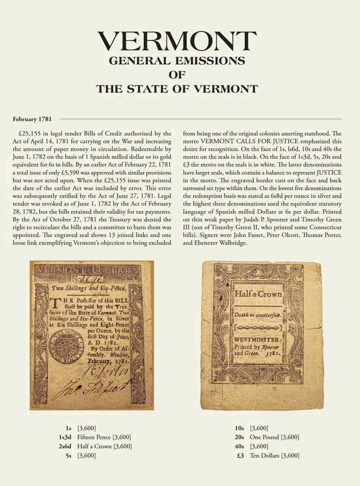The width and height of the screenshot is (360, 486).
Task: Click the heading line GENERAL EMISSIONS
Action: pyautogui.click(x=177, y=61)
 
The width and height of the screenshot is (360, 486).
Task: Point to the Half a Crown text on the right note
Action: pyautogui.click(x=258, y=294)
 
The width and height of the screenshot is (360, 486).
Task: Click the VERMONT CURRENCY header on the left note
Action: pyautogui.click(x=88, y=269)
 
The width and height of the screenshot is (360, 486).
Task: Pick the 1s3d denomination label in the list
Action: pyautogui.click(x=66, y=437)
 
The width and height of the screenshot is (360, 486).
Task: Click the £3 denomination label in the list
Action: pyautogui.click(x=240, y=456)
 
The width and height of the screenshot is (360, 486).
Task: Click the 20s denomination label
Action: pyautogui.click(x=239, y=437)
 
